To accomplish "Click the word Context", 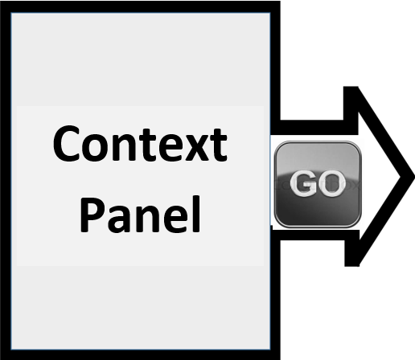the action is [x=140, y=143].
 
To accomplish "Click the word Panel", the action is [x=140, y=215].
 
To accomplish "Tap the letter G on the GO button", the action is [x=302, y=183].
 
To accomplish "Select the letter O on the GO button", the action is [x=331, y=183].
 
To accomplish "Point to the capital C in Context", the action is [x=67, y=143].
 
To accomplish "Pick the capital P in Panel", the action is [x=92, y=215].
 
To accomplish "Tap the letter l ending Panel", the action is [x=197, y=214].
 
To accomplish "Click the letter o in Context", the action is [x=96, y=148].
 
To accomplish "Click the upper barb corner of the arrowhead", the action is [x=351, y=87].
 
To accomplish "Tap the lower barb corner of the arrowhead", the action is [x=351, y=266].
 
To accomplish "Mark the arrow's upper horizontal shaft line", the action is [x=312, y=128].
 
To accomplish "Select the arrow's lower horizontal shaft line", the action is [x=312, y=233].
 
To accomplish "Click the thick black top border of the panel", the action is [x=140, y=6].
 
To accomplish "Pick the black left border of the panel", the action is [x=6, y=180].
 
